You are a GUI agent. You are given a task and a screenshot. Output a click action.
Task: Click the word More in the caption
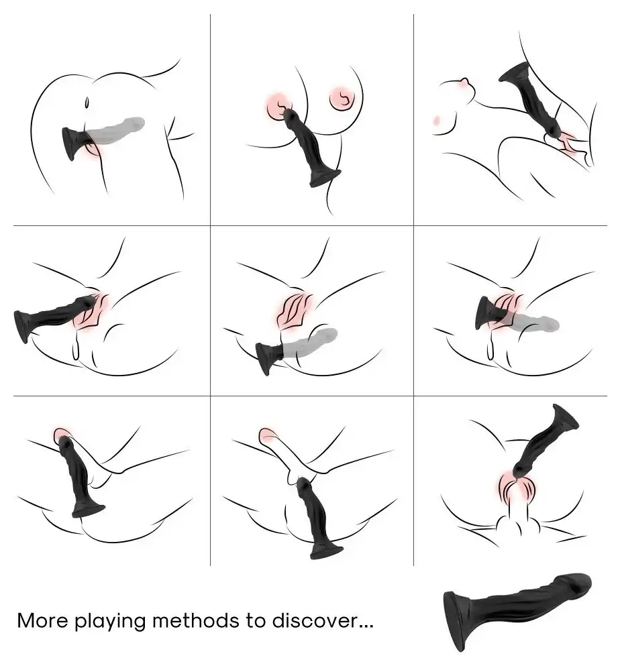42,620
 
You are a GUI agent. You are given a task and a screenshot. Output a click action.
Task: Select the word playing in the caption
110,622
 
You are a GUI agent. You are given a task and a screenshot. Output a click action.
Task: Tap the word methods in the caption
195,620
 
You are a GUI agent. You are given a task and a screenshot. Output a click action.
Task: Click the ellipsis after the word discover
366,626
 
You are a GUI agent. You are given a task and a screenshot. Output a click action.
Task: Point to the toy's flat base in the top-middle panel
325,178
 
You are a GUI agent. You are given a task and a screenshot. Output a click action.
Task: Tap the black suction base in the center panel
267,356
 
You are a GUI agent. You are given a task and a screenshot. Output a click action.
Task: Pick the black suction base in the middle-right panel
485,313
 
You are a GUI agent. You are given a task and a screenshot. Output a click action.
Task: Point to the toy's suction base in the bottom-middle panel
326,551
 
